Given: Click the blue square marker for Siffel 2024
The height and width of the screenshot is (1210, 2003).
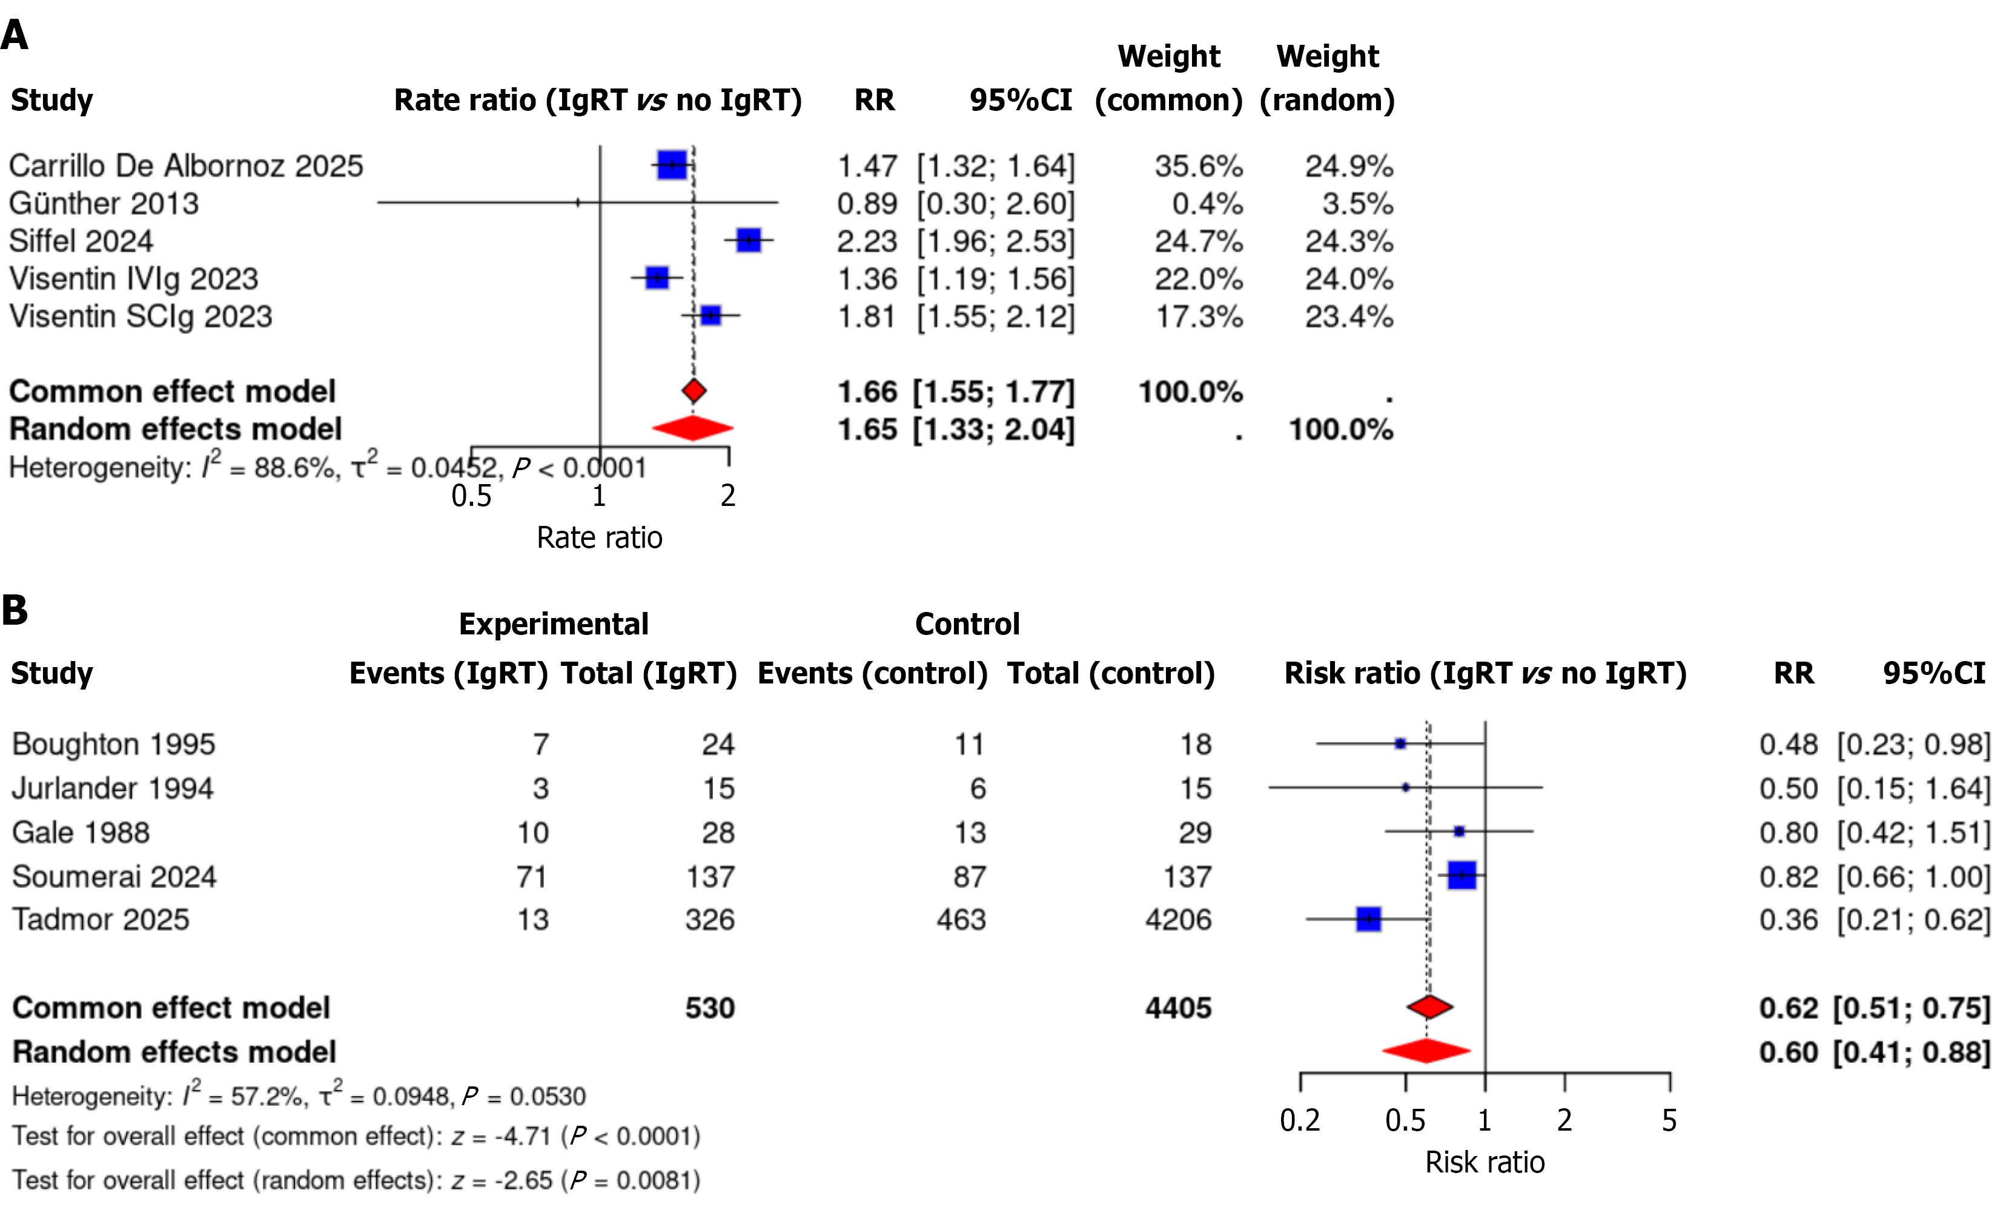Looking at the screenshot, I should tap(748, 240).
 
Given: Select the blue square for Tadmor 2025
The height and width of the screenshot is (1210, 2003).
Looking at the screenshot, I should tap(1368, 919).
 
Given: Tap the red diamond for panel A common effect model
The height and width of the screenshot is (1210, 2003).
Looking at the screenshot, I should tap(694, 391).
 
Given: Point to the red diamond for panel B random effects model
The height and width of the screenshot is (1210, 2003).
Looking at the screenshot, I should tap(1426, 1051).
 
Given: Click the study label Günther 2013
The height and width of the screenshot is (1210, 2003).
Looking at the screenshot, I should tap(104, 204).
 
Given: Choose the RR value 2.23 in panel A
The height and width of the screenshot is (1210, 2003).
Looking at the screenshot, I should tap(867, 242).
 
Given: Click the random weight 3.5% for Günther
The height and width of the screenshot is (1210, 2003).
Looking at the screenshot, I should tap(1357, 204).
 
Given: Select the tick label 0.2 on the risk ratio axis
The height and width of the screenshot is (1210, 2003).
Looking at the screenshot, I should tap(1299, 1120).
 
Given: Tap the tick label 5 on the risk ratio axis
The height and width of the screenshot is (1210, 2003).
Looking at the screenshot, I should tap(1669, 1120).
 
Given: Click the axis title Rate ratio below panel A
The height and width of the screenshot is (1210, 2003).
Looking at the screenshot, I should tap(599, 537).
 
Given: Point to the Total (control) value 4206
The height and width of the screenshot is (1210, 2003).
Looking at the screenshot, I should tap(1178, 920).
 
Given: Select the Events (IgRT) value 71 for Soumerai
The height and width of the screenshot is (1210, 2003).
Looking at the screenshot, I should tap(532, 877).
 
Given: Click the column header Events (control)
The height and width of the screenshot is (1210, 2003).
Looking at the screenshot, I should tap(872, 673).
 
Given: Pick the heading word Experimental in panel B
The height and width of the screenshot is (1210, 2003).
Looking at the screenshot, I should tap(554, 623).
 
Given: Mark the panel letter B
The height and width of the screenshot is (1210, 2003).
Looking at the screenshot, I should tap(15, 610).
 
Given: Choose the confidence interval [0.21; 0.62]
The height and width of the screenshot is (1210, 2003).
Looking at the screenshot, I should tap(1913, 920).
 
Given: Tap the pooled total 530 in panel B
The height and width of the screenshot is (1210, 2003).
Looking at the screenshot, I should tap(710, 1008).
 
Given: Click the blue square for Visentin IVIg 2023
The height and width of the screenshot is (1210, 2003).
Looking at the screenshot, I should tap(656, 278).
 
